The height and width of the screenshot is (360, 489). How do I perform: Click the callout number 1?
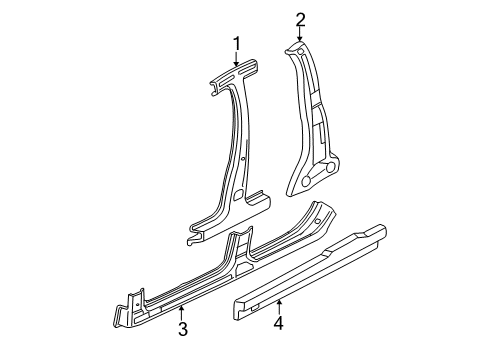(x=236, y=42)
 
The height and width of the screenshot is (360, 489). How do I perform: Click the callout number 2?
(x=299, y=18)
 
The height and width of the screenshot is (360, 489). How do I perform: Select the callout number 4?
(x=280, y=322)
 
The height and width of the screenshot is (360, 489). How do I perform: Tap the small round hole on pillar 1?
(x=244, y=160)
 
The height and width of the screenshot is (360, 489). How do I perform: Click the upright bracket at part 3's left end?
(x=130, y=299)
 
